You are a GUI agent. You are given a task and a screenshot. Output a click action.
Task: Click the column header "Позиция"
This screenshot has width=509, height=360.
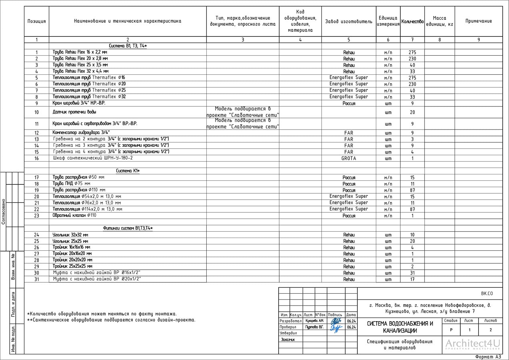pyautogui.click(x=36, y=21)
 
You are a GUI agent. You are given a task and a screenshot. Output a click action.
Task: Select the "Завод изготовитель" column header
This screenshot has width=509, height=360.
pyautogui.click(x=348, y=21)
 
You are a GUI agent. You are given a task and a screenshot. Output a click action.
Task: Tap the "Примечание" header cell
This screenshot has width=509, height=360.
pyautogui.click(x=478, y=21)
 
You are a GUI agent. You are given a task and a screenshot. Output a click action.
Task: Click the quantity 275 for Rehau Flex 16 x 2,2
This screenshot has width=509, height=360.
pyautogui.click(x=412, y=52)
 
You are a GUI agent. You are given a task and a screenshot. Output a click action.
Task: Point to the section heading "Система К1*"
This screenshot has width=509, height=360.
pyautogui.click(x=128, y=171)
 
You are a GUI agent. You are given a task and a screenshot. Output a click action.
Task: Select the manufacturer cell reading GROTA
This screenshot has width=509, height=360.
pyautogui.click(x=349, y=158)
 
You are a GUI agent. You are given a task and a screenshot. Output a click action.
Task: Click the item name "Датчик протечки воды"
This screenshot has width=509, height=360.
pyautogui.click(x=74, y=112)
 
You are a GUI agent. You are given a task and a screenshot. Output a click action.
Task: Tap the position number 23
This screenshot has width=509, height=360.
pyautogui.click(x=37, y=216)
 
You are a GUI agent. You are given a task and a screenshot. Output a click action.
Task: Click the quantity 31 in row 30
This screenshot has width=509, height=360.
pyautogui.click(x=412, y=273)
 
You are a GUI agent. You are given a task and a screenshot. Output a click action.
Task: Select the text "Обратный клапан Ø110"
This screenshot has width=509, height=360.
pyautogui.click(x=74, y=216)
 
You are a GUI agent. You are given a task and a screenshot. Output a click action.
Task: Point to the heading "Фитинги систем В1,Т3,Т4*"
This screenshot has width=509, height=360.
pyautogui.click(x=128, y=228)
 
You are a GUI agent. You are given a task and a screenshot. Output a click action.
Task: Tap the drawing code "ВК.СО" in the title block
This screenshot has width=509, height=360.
pyautogui.click(x=487, y=294)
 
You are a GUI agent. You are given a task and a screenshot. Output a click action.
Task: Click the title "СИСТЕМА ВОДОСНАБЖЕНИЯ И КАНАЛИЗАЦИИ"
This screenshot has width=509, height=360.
pyautogui.click(x=400, y=327)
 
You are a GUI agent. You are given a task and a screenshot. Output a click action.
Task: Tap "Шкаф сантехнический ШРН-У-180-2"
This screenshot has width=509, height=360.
pyautogui.click(x=93, y=158)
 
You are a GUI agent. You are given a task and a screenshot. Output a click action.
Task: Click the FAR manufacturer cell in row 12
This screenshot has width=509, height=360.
pyautogui.click(x=349, y=133)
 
